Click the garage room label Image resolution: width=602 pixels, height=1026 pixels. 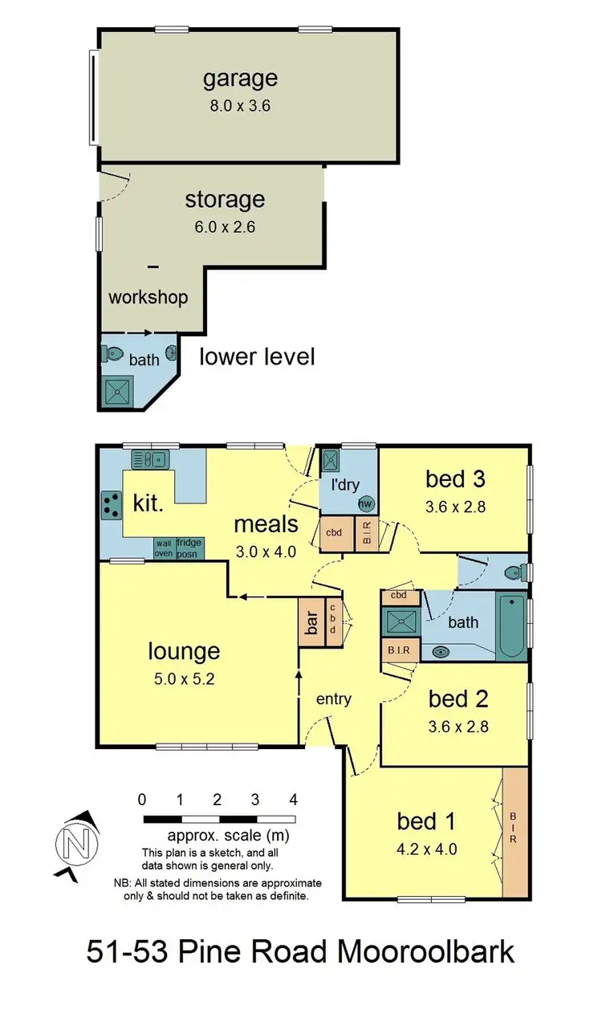click(x=240, y=79)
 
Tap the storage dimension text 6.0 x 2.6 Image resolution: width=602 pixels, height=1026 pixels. click(x=225, y=227)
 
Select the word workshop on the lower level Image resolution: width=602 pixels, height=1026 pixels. click(x=148, y=297)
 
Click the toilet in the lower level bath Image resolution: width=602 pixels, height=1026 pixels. click(x=113, y=353)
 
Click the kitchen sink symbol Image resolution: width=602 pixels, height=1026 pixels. click(x=149, y=459)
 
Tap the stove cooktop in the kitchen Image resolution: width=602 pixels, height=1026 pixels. click(x=109, y=506)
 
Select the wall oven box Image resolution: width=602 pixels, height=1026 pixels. click(x=164, y=548)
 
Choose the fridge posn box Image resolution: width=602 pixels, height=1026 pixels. click(x=189, y=548)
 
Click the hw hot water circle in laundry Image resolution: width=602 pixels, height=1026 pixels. click(x=366, y=504)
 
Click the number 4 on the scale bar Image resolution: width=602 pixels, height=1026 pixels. click(x=294, y=800)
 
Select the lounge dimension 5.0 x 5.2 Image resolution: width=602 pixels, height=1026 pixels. click(x=184, y=678)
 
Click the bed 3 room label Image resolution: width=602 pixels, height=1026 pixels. click(x=455, y=479)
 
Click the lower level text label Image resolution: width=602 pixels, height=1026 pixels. click(x=257, y=356)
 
